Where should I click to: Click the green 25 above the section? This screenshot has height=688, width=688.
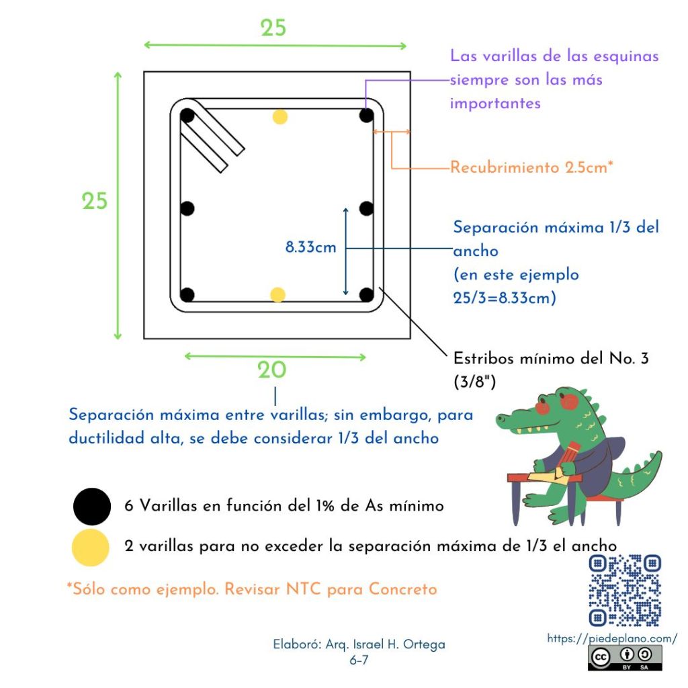[273, 28]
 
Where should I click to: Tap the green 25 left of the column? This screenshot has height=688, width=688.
[94, 202]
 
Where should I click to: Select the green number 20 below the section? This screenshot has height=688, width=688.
[271, 370]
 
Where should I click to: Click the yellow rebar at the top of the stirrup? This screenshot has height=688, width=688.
[280, 117]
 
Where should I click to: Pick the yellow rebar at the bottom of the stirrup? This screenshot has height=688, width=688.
[277, 295]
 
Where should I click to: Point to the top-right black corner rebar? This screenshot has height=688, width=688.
[366, 116]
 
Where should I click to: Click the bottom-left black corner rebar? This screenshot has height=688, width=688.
[187, 295]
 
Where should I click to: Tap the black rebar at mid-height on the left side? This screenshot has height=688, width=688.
[187, 208]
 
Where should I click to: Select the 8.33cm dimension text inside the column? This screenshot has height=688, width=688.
[310, 247]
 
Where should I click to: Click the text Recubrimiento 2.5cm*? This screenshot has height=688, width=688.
[531, 167]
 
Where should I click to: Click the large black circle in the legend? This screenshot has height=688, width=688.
[91, 507]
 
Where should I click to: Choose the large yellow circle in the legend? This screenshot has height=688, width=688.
[91, 547]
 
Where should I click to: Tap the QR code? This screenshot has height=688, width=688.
[625, 591]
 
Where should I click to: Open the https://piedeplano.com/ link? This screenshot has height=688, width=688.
[612, 638]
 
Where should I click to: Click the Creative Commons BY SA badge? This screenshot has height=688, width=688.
[625, 658]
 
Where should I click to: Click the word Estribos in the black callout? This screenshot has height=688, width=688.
[483, 359]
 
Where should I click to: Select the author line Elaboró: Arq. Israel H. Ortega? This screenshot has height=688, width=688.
[359, 644]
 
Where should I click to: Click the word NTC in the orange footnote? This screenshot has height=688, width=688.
[303, 589]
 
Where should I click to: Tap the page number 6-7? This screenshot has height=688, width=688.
[359, 660]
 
